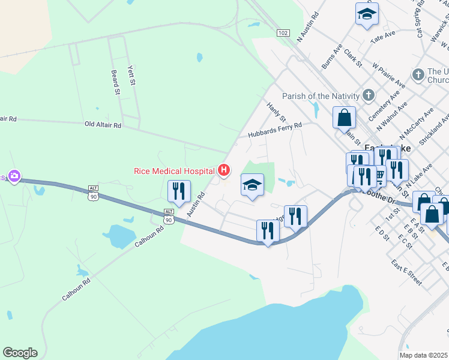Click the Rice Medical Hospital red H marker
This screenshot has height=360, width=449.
(x=224, y=171)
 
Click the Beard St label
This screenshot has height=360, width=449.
(x=115, y=83)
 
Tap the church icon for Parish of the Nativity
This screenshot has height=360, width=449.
(x=369, y=95)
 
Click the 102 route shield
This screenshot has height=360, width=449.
(x=283, y=32)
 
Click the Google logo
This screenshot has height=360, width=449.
(x=20, y=353)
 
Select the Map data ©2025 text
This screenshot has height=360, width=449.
(x=424, y=355)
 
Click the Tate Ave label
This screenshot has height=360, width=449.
(x=384, y=37)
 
